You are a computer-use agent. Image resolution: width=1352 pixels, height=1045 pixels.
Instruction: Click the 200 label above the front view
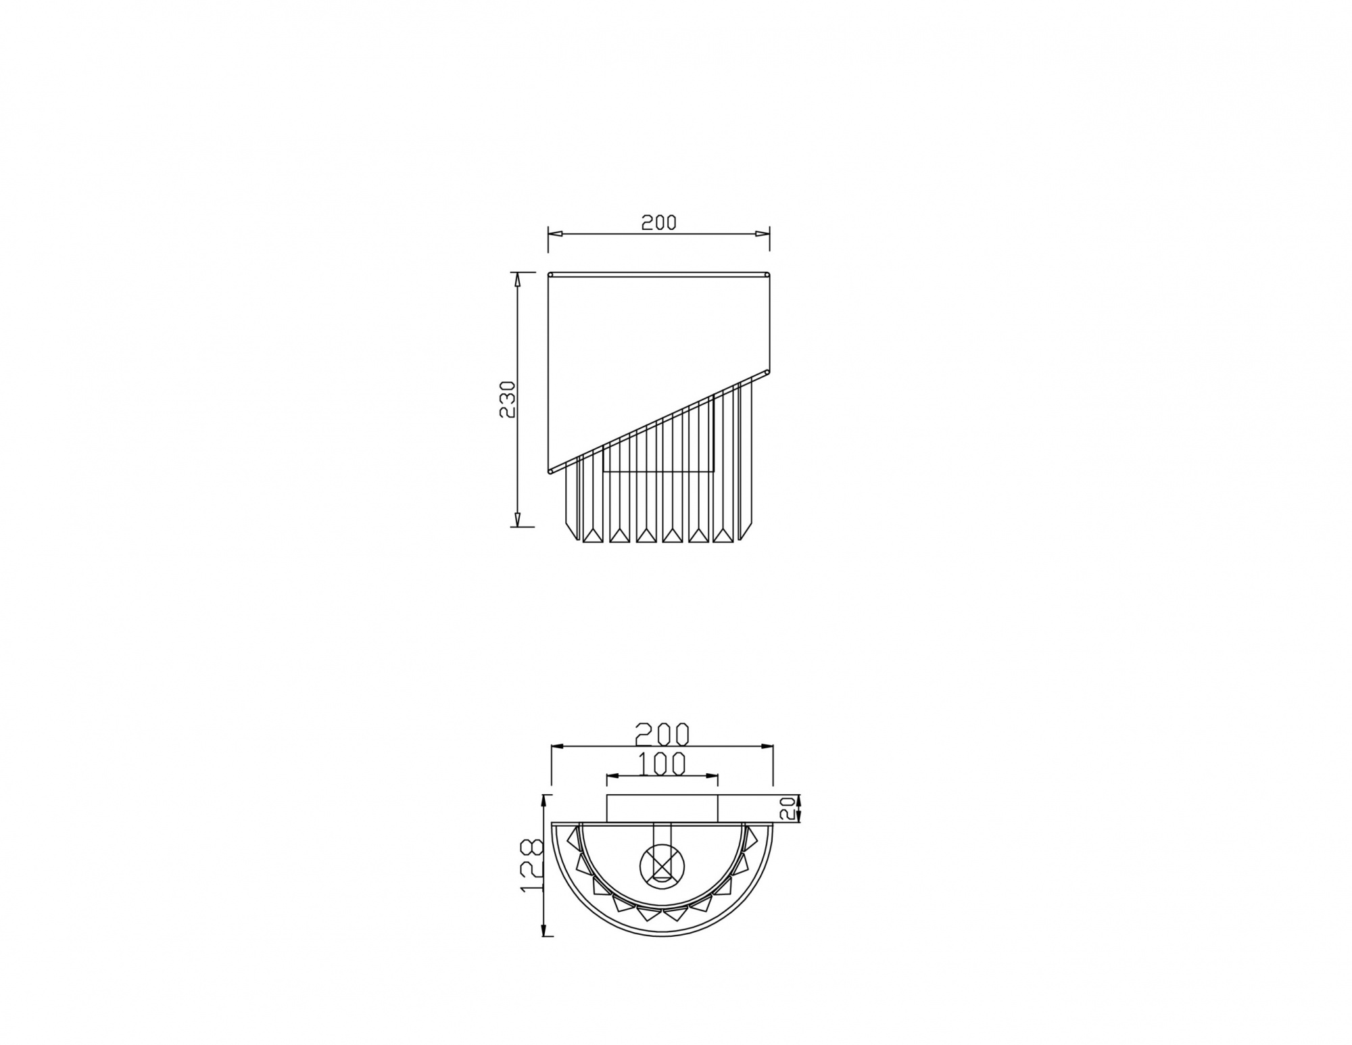[x=658, y=222]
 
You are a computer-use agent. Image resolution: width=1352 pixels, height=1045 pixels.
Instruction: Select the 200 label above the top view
[x=662, y=734]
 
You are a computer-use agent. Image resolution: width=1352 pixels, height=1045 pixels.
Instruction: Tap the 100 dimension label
[x=662, y=763]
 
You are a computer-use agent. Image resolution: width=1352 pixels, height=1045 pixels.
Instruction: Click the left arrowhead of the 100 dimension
[x=612, y=776]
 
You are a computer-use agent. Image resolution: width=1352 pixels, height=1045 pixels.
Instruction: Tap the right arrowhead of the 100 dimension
[x=713, y=776]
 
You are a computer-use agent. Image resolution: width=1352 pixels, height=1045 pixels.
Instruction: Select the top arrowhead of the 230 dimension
[x=517, y=279]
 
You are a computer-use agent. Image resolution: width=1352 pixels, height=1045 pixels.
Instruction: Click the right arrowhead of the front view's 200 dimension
[x=763, y=234]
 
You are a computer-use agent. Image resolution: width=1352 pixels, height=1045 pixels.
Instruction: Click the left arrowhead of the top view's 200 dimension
[x=558, y=746]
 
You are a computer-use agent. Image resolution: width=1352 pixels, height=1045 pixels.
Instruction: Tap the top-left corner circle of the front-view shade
[x=550, y=274]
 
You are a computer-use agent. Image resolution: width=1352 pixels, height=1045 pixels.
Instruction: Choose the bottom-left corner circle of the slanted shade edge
[x=551, y=470]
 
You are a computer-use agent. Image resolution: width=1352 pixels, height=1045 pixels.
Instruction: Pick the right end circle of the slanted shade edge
[x=767, y=371]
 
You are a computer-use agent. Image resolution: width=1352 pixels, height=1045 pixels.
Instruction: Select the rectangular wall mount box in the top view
[x=662, y=808]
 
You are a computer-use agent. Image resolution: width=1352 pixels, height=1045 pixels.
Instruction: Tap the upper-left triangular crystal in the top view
[x=574, y=837]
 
